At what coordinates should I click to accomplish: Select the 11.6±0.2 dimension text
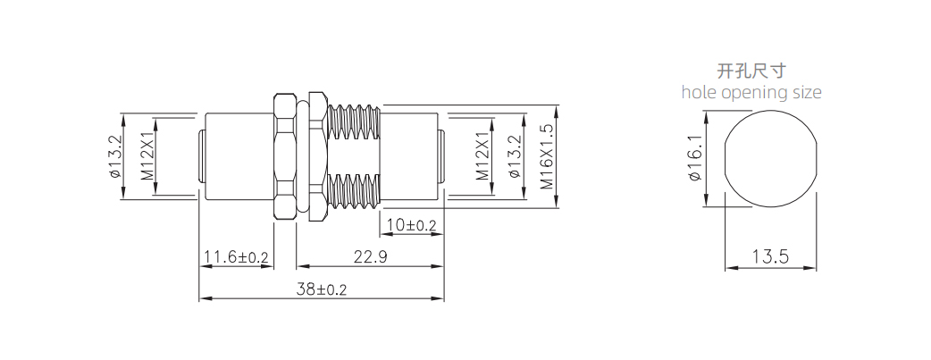pos(236,257)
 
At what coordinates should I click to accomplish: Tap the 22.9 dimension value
pos(369,257)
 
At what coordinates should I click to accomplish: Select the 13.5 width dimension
pos(769,257)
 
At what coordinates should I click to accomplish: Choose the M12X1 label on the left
pos(147,157)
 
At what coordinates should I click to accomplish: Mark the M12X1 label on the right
pos(482,157)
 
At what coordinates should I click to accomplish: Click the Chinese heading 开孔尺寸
pos(751,71)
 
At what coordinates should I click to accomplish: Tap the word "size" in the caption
pos(805,92)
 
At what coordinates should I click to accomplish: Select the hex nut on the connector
pos(284,156)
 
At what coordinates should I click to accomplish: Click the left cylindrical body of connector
pos(237,157)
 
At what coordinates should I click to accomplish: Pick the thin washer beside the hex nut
pos(315,156)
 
